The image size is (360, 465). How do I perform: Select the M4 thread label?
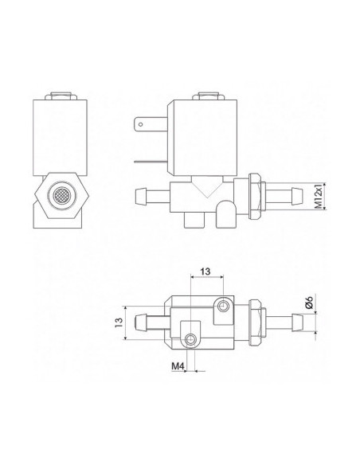point(179,368)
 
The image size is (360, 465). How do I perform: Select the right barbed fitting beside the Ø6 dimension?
point(287,322)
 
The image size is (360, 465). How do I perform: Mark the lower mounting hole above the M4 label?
point(190,340)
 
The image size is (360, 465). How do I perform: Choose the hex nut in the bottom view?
point(254,322)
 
